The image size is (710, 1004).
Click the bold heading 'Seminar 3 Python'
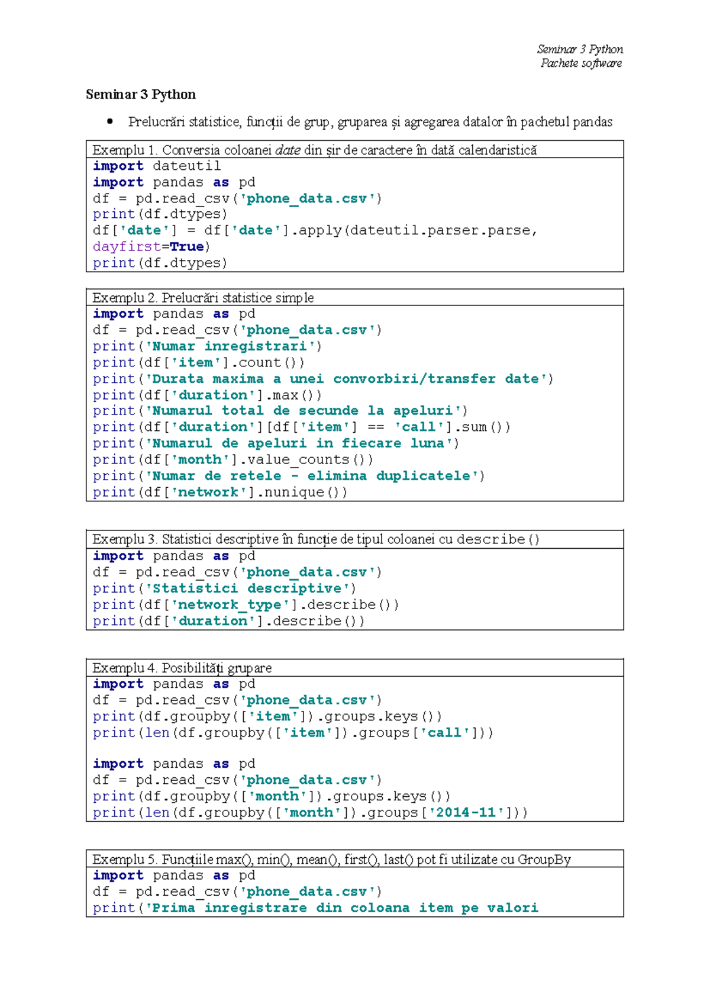point(141,95)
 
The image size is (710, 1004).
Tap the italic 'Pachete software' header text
point(581,63)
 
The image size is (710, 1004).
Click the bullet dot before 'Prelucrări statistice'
point(109,121)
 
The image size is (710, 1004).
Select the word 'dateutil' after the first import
point(187,166)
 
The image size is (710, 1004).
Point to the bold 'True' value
point(187,246)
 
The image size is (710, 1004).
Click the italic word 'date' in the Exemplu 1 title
point(288,150)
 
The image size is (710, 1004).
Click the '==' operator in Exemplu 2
point(375,427)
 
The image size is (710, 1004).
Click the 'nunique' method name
point(294,493)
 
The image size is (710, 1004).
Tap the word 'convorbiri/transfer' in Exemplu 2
point(414,379)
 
